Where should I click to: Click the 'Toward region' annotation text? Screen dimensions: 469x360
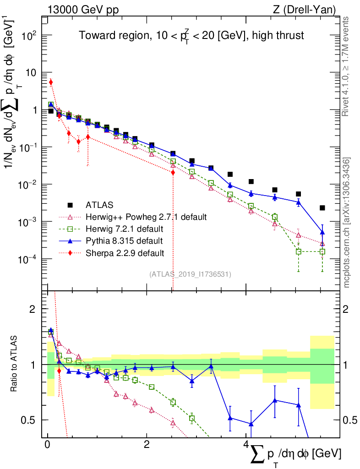coord(191,35)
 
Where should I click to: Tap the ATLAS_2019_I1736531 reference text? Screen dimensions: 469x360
coord(190,274)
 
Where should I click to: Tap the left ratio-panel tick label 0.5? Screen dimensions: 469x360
coord(30,420)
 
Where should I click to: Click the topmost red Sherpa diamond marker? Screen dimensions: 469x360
coord(51,82)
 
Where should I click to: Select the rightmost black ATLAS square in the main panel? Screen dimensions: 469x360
coord(322,208)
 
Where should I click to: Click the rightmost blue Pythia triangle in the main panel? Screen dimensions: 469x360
coord(322,232)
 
